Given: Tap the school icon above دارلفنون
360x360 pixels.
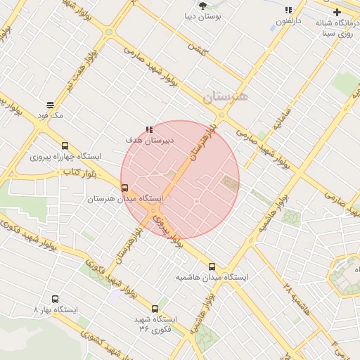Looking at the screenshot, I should pos(288,11).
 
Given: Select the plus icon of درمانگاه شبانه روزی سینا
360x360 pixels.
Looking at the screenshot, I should pos(337,12).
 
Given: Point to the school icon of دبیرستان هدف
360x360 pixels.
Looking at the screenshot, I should pos(148,129).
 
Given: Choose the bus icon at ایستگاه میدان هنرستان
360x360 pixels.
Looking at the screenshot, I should pos(125,188).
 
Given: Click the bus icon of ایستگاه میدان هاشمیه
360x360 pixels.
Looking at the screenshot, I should pos(212,266).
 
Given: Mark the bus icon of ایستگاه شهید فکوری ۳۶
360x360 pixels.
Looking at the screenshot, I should pos(155,308).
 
